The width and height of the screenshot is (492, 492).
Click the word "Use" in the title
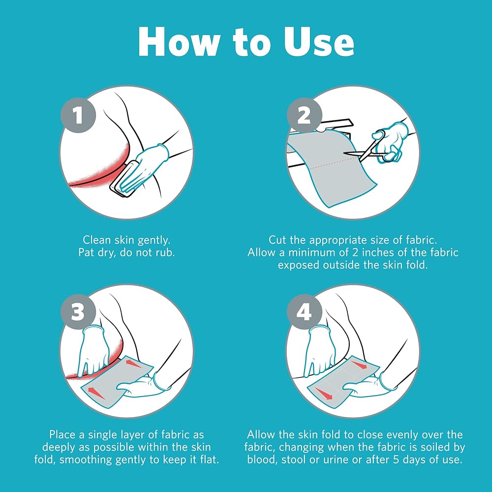[319, 41]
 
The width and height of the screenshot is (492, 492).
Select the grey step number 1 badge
[78, 115]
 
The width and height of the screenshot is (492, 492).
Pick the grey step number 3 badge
[78, 312]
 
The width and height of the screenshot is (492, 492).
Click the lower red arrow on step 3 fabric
[96, 393]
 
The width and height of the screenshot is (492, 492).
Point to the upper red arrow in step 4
[359, 365]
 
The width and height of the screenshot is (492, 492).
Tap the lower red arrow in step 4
[324, 394]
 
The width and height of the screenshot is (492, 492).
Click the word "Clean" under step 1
[97, 240]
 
